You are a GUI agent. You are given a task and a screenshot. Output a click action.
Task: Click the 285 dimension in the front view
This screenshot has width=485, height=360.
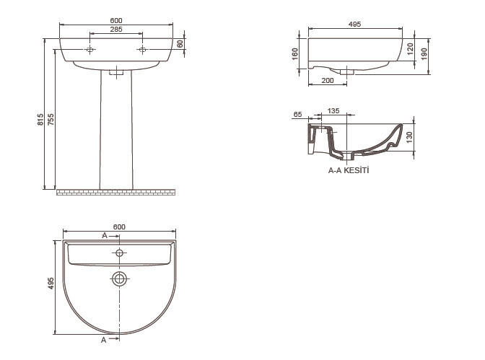click(x=116, y=29)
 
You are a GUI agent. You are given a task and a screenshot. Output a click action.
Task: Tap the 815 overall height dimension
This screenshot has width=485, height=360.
click(x=40, y=119)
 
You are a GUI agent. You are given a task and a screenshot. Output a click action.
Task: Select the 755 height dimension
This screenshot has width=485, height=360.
click(x=51, y=119)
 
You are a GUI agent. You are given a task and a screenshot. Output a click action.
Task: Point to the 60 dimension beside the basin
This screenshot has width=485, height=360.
click(x=180, y=43)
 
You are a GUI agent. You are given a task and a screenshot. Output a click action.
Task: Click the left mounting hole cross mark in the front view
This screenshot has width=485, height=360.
click(x=89, y=50)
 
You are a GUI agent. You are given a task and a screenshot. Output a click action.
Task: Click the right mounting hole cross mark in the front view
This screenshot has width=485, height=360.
click(x=142, y=50)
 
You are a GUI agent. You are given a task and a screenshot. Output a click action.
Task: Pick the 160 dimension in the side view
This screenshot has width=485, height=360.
click(x=294, y=54)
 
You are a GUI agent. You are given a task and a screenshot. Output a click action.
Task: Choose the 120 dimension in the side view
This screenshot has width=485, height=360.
click(x=410, y=49)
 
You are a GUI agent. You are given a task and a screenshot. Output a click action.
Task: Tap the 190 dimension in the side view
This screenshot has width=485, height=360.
click(x=424, y=54)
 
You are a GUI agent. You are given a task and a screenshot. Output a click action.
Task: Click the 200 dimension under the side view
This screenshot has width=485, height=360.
click(x=328, y=81)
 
